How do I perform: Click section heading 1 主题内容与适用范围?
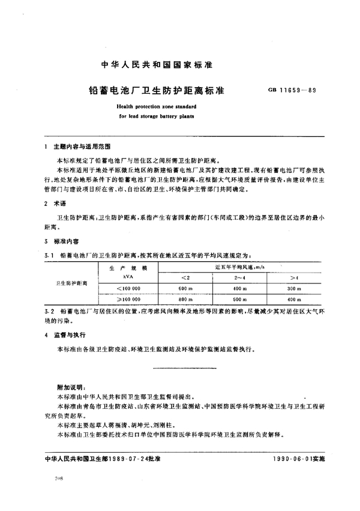point(78,147)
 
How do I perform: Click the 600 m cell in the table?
point(185,289)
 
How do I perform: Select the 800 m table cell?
point(185,299)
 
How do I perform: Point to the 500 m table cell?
point(239,299)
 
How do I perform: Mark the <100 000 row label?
point(128,289)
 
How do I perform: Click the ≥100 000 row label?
point(128,299)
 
